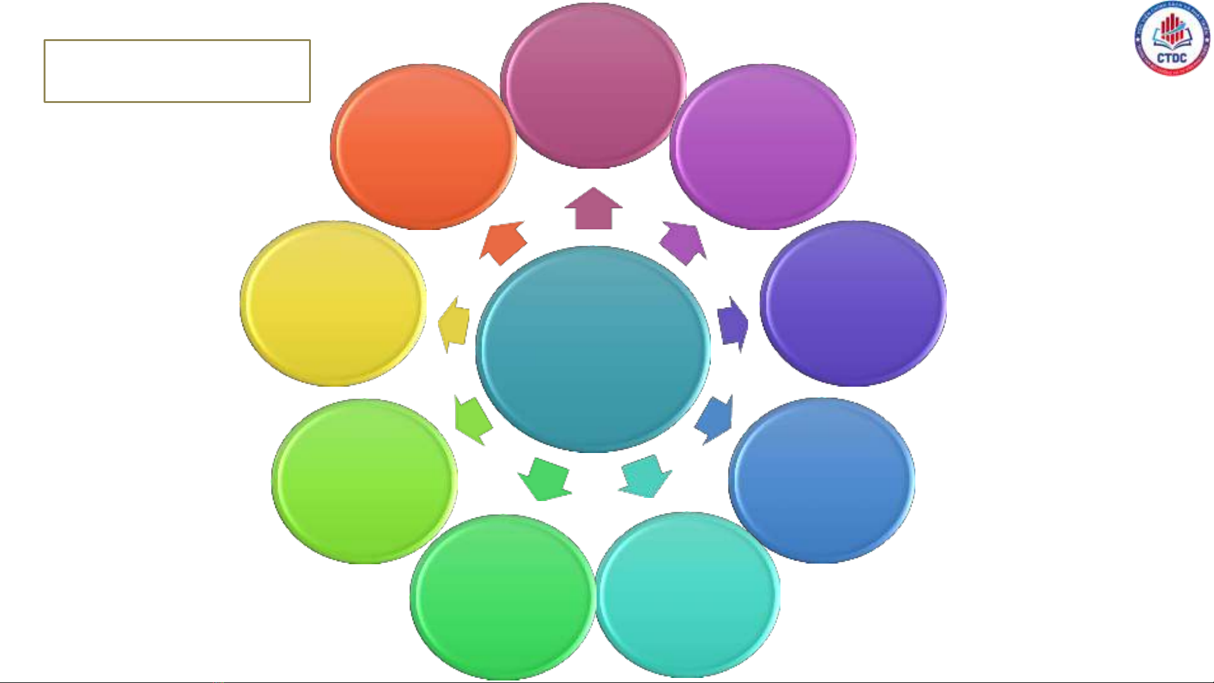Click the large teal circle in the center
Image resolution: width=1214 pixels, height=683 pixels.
(593, 349)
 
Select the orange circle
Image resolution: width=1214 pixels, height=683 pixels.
(423, 147)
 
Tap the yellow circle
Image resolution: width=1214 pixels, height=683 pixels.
(333, 303)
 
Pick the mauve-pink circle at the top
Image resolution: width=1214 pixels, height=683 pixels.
(593, 86)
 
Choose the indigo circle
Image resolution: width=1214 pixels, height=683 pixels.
(853, 303)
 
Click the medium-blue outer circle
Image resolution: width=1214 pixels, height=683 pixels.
(821, 480)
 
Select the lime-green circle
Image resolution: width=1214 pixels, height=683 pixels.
(364, 481)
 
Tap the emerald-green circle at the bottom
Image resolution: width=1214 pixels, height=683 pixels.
(502, 597)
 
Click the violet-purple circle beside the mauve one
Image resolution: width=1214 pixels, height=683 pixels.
(763, 147)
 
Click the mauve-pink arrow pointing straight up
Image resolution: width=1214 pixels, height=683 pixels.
(593, 209)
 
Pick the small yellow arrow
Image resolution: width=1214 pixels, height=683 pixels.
(454, 324)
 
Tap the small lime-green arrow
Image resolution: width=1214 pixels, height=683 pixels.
(472, 419)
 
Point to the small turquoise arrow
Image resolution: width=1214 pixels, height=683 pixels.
(645, 476)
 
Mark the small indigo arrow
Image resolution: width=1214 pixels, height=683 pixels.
(733, 324)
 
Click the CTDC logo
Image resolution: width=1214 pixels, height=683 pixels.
(1172, 39)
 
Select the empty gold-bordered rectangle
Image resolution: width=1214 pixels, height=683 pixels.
(177, 71)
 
